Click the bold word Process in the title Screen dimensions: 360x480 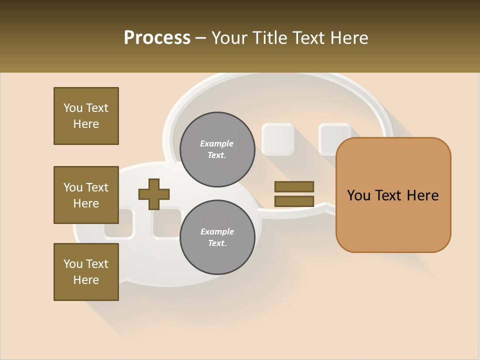pos(157,37)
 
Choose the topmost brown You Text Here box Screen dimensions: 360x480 pos(86,116)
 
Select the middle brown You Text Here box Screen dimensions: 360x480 pos(86,195)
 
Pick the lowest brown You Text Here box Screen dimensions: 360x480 pos(86,272)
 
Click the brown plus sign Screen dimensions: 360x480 pos(154,194)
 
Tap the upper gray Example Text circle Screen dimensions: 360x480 pos(217,149)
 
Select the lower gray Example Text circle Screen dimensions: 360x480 pos(217,237)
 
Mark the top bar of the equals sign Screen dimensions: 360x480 pos(294,186)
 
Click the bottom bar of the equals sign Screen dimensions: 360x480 pos(294,201)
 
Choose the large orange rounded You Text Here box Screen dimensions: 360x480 pos(393,195)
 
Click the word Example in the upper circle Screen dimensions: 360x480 pos(217,143)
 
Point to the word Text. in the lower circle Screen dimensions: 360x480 pos(217,243)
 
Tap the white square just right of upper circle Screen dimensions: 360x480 pos(278,139)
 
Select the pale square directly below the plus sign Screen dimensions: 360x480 pos(167,222)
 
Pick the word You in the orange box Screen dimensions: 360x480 pos(358,195)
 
